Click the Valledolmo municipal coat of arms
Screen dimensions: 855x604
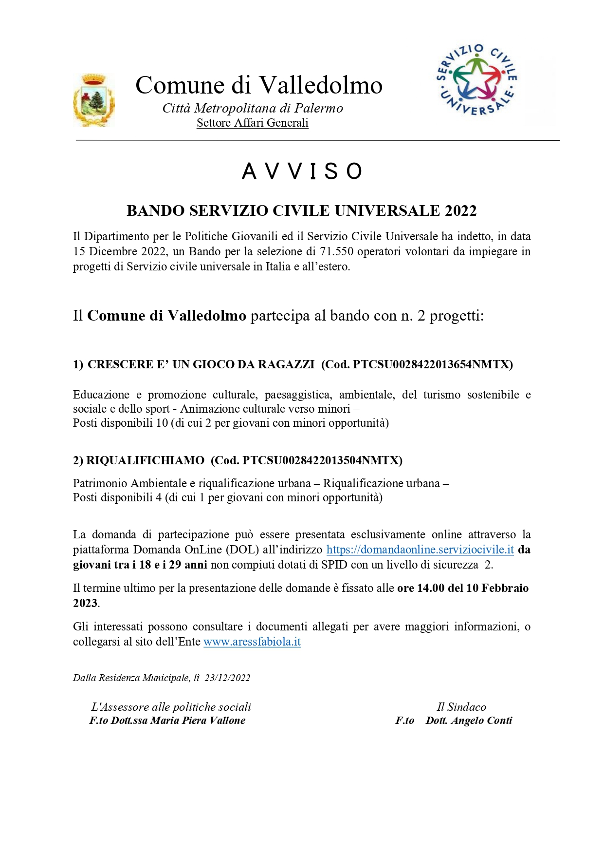tap(94, 100)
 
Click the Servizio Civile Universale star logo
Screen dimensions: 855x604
tap(476, 80)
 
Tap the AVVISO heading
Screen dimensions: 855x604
tap(302, 171)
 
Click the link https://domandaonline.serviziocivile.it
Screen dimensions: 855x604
tap(420, 550)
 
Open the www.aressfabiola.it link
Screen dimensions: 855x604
tap(252, 642)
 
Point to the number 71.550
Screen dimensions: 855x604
tap(336, 251)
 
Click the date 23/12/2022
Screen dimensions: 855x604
tap(227, 678)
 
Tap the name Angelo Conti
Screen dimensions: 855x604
tap(481, 721)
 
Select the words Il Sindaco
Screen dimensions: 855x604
tap(461, 707)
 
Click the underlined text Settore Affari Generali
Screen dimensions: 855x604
tap(252, 123)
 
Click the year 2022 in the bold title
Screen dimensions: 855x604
tap(460, 210)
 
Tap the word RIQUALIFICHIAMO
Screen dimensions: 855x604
tap(145, 460)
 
